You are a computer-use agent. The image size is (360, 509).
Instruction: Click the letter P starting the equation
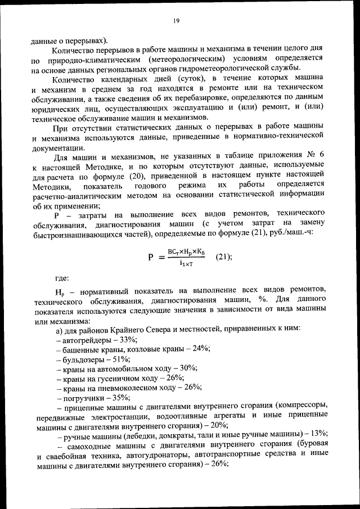click(151, 257)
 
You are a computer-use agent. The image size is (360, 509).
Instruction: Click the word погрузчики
click(83, 397)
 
